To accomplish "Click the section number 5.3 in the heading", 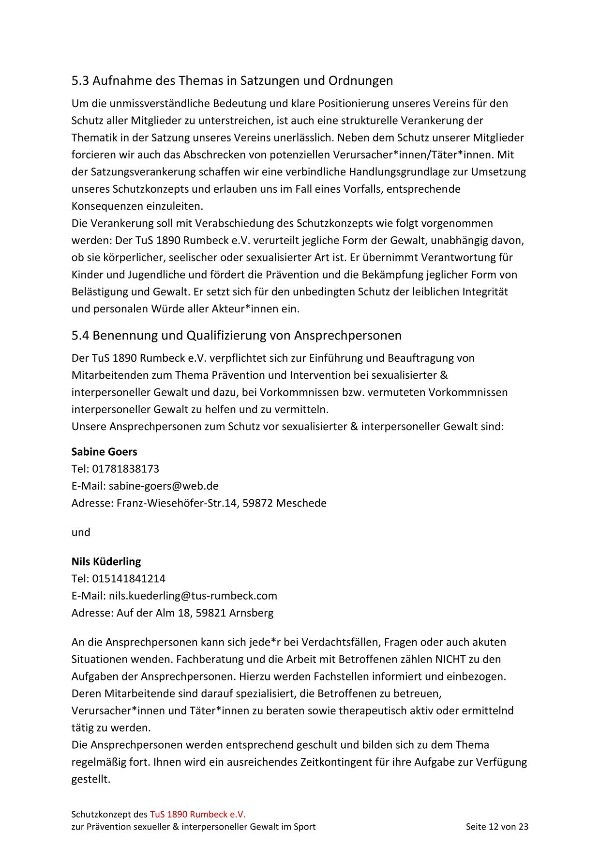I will (x=80, y=80).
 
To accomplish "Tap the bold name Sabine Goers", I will (x=104, y=451).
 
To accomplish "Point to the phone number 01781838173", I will (x=125, y=469).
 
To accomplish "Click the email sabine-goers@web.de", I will (x=164, y=486).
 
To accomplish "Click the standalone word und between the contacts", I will (x=81, y=532).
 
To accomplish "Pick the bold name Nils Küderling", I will (x=106, y=561).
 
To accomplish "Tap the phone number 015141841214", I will (x=128, y=578).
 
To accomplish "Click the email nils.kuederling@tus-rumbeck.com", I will (x=193, y=596).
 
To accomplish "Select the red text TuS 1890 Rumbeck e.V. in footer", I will (x=197, y=814).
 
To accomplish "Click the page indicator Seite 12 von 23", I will (x=497, y=827).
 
